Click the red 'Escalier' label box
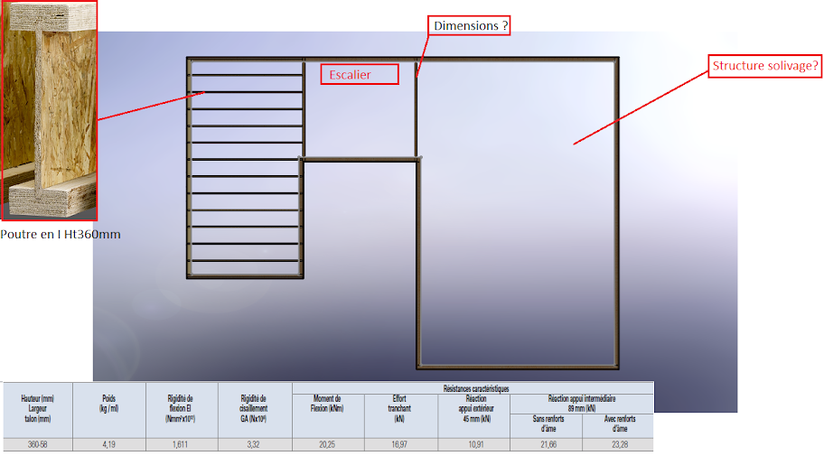[x=360, y=74]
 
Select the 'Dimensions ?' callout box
[x=469, y=25]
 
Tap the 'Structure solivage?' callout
[x=765, y=66]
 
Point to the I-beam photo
[x=49, y=110]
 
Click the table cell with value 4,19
[x=110, y=445]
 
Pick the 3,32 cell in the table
[x=255, y=445]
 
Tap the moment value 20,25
[x=329, y=445]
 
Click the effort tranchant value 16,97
[x=401, y=445]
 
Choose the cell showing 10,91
[x=473, y=445]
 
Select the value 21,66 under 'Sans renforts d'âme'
[x=545, y=445]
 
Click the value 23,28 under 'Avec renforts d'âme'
[x=617, y=445]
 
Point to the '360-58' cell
[x=38, y=445]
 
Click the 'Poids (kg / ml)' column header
[x=110, y=403]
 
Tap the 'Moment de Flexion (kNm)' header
[x=329, y=403]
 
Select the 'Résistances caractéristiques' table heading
[x=473, y=388]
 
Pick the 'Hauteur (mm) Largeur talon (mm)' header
[x=38, y=408]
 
